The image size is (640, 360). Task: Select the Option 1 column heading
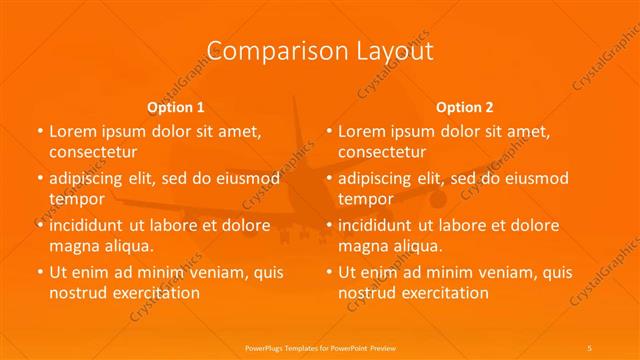(x=176, y=107)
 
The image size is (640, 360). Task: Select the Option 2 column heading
(x=465, y=107)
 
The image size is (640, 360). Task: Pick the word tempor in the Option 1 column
(x=77, y=199)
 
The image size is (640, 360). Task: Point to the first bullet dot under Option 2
(x=329, y=132)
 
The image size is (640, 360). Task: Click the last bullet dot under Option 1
(x=39, y=273)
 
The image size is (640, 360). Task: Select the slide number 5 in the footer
(x=589, y=346)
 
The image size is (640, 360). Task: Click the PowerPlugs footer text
(x=320, y=346)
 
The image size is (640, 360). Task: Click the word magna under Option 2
(x=363, y=246)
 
